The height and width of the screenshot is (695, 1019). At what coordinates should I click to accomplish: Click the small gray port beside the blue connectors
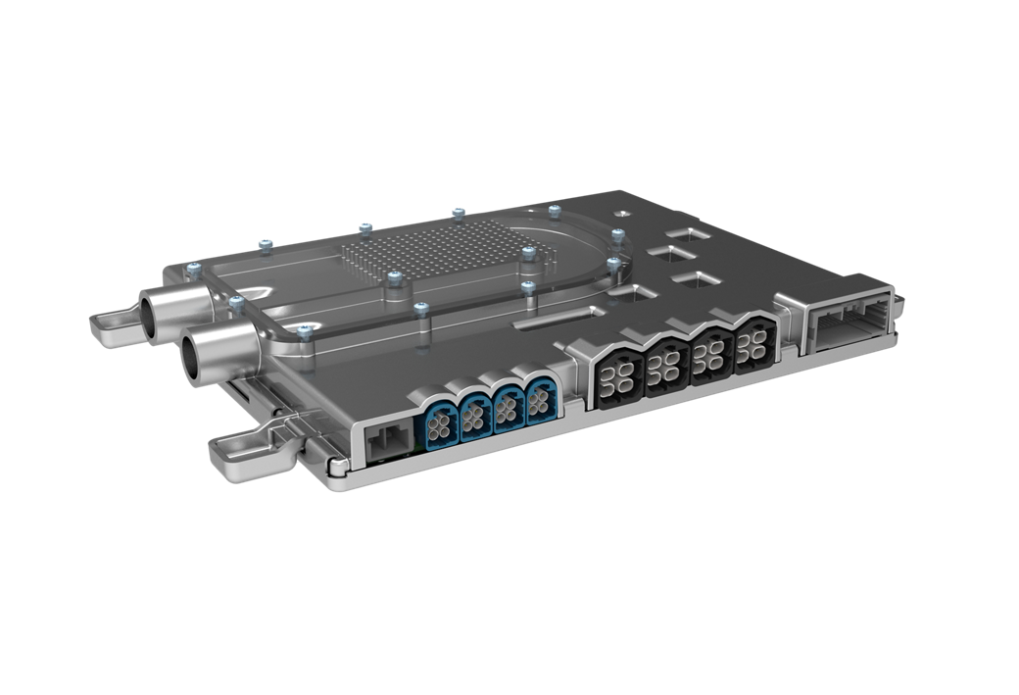click(386, 439)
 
